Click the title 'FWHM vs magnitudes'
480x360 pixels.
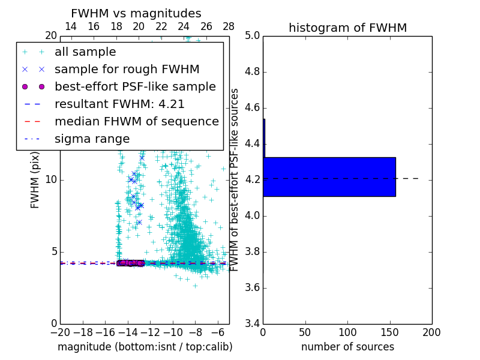[136, 14]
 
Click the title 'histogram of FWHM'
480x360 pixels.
[347, 28]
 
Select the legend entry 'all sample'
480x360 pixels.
[85, 52]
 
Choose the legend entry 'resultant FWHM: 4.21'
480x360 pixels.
[119, 104]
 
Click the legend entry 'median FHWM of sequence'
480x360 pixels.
[136, 121]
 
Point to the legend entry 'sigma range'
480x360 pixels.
[92, 139]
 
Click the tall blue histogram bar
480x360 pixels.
[329, 176]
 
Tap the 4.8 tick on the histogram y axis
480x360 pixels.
[253, 72]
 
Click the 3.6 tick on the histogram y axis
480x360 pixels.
[253, 288]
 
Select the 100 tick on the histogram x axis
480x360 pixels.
[347, 332]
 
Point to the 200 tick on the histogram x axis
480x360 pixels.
[431, 332]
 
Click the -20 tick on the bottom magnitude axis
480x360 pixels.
[60, 332]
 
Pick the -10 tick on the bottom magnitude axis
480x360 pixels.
[173, 332]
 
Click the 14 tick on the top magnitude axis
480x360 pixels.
[70, 26]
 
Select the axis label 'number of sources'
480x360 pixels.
[347, 347]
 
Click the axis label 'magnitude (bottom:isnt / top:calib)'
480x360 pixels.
[145, 347]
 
